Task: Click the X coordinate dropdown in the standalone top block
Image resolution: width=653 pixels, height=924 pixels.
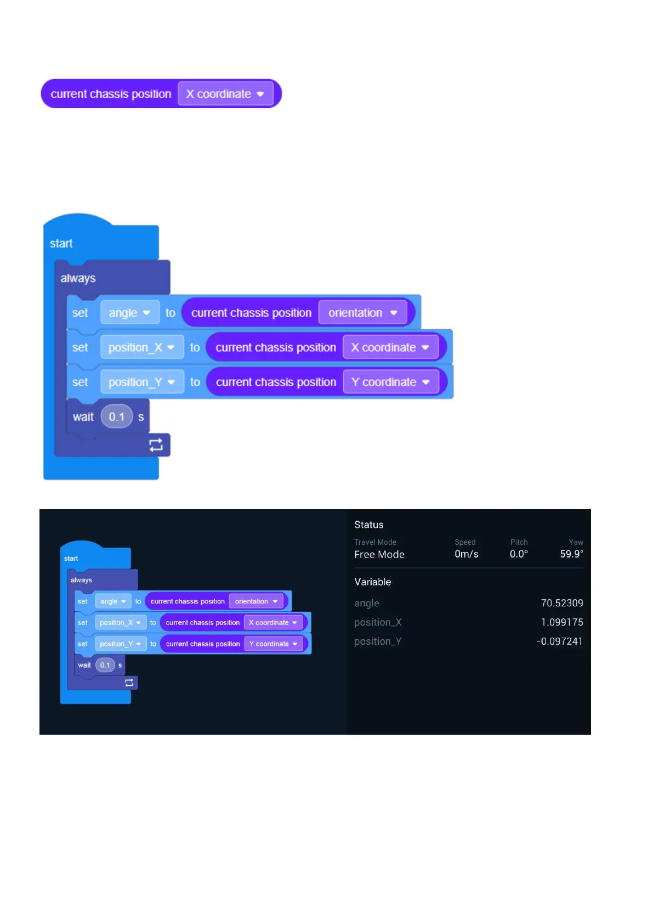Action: (225, 94)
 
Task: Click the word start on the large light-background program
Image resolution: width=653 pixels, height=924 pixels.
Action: (61, 243)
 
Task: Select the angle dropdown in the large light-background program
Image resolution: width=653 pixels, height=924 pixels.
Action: (129, 313)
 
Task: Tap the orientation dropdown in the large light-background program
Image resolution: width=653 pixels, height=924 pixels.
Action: (362, 313)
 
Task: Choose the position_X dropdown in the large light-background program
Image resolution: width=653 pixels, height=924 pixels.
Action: (141, 347)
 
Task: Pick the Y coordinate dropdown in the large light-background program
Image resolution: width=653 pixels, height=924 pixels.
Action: (390, 382)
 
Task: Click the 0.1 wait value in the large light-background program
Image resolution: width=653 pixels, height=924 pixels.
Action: (116, 417)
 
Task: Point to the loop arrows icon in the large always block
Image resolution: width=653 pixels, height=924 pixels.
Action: (156, 445)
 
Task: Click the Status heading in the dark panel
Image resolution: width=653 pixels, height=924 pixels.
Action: (368, 525)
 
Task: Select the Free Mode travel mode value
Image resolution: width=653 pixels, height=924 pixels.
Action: (379, 554)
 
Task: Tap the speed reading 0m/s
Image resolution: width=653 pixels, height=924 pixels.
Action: (466, 554)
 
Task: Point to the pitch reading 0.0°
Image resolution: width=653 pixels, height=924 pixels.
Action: (519, 554)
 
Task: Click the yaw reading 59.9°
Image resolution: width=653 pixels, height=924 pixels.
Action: (571, 554)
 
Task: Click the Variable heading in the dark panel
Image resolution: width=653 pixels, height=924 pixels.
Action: (372, 582)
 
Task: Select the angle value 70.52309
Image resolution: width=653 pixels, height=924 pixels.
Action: (561, 603)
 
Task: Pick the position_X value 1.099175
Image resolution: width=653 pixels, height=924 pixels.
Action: (561, 622)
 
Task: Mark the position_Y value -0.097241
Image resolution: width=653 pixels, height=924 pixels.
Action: (559, 641)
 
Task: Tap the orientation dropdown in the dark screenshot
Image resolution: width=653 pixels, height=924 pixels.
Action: (256, 601)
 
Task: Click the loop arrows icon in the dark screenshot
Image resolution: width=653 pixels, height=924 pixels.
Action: (129, 683)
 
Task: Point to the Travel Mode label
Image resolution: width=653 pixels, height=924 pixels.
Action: (375, 542)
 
